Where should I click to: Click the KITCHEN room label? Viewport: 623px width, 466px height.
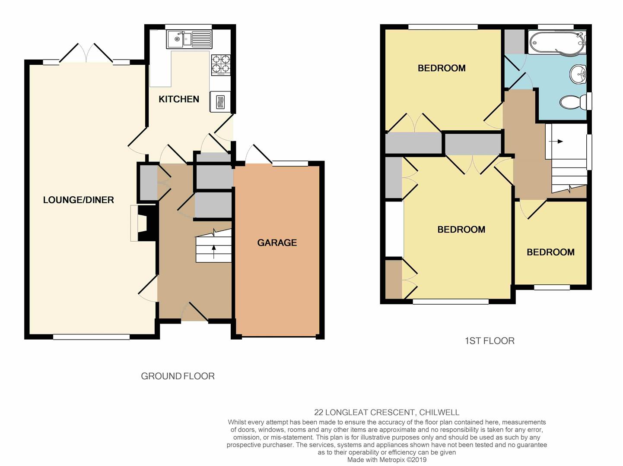(179, 99)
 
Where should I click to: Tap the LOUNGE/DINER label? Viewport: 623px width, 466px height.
(78, 200)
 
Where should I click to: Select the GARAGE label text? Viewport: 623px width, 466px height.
(277, 243)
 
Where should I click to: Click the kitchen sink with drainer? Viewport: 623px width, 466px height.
(189, 39)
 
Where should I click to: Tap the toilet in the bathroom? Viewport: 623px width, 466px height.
(575, 102)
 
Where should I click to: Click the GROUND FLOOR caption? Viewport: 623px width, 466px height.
(178, 376)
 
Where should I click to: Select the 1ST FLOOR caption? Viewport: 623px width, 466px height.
(489, 341)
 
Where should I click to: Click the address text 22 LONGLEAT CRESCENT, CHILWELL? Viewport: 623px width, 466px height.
(387, 412)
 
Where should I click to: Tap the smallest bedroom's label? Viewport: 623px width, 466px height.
(550, 252)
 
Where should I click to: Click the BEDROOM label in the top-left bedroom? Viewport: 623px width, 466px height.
(442, 68)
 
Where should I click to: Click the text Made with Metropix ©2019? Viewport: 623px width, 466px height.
(387, 460)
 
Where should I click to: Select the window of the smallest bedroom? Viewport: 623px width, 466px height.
(552, 287)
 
